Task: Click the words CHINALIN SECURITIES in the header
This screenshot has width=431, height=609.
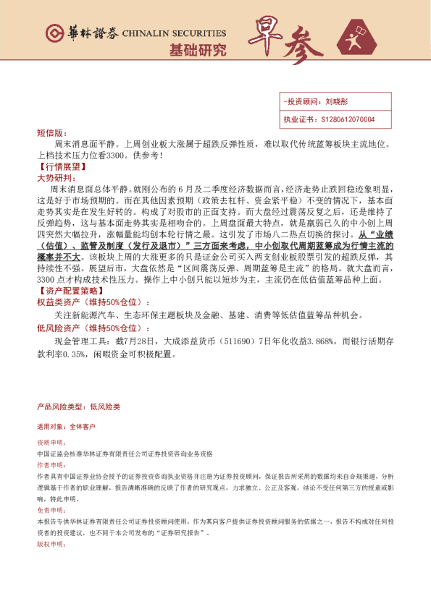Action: tap(174, 33)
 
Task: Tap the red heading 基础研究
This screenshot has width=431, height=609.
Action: tap(197, 50)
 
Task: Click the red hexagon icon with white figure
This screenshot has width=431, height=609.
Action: tap(359, 38)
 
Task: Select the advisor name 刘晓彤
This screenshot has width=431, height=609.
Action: tap(337, 102)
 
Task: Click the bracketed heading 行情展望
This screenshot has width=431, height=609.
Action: tap(57, 166)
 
